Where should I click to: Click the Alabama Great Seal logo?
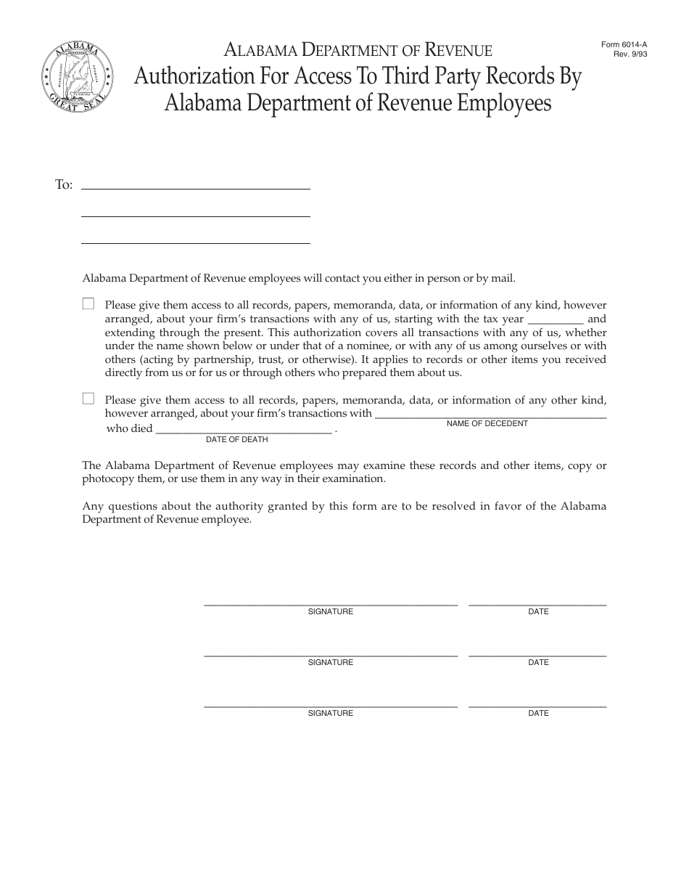click(77, 75)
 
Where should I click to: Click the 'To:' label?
click(64, 184)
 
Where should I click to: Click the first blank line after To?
click(195, 187)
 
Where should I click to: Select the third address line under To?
click(195, 242)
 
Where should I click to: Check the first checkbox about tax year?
click(88, 304)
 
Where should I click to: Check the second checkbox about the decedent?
click(88, 398)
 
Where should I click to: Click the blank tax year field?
click(556, 321)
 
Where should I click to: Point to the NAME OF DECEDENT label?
click(487, 423)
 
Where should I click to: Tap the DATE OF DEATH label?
click(236, 439)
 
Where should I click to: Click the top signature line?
click(330, 603)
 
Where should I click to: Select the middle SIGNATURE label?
click(330, 662)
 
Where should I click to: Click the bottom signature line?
click(330, 705)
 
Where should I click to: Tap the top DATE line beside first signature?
click(537, 603)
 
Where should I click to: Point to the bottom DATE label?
click(538, 713)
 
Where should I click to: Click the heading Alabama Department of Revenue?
click(358, 50)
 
